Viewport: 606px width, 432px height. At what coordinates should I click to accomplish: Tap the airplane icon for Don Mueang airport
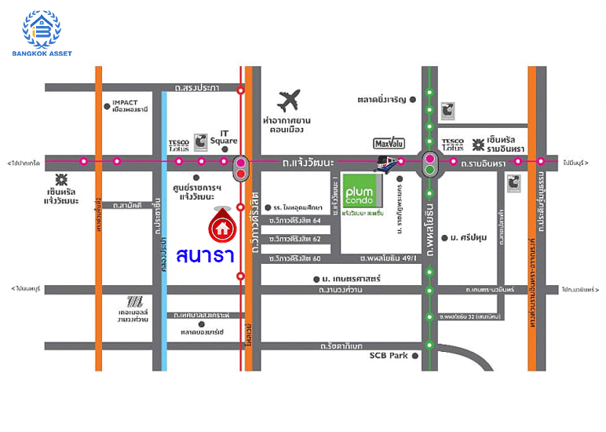(289, 101)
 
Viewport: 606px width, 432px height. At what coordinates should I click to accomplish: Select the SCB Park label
(389, 356)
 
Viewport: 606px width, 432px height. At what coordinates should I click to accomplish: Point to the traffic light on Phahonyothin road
(429, 163)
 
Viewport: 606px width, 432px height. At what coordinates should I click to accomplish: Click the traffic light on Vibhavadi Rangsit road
(241, 166)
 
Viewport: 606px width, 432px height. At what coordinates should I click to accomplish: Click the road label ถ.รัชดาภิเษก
(342, 346)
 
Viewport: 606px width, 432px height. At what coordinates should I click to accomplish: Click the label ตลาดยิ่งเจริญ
(381, 100)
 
